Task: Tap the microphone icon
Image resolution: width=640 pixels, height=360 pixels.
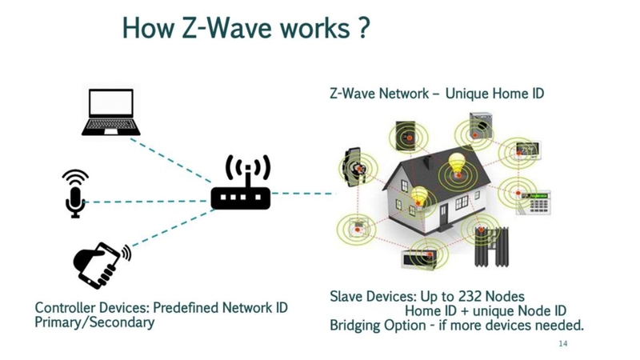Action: pyautogui.click(x=75, y=193)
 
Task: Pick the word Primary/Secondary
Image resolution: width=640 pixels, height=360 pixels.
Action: pyautogui.click(x=94, y=322)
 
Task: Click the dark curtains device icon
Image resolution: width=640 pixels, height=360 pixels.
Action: pyautogui.click(x=490, y=247)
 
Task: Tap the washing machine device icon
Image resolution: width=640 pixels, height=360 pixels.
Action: pyautogui.click(x=482, y=127)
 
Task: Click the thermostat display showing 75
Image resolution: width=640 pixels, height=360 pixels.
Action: pyautogui.click(x=527, y=149)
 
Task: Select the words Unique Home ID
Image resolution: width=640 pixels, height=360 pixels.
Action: pyautogui.click(x=494, y=94)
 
